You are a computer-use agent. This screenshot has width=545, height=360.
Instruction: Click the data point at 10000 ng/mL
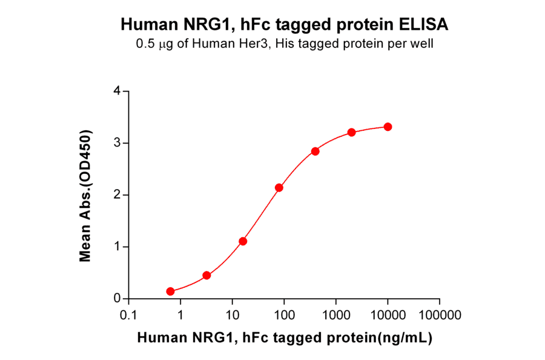coord(388,127)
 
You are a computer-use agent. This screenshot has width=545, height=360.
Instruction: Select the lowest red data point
coord(170,292)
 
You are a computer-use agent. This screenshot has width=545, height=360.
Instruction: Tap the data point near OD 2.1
coord(279,188)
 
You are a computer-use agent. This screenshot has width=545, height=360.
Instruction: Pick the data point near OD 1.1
coord(243,241)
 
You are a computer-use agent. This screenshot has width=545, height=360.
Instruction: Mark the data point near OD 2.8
coord(315,151)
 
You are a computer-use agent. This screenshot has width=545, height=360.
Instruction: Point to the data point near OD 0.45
coord(206,275)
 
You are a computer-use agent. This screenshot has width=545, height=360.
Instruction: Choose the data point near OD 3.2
coord(351,132)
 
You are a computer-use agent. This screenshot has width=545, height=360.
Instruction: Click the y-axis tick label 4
coord(117,92)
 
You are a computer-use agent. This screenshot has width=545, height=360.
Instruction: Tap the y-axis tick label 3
coord(117,143)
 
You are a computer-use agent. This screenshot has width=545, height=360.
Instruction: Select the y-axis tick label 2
coord(117,195)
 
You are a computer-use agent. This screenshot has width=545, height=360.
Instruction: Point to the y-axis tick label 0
coord(117,299)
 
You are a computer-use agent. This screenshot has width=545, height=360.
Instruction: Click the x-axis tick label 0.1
coord(128,316)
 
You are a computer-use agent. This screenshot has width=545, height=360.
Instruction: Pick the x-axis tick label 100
coord(283,316)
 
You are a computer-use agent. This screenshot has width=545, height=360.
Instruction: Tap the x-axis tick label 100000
coord(440,316)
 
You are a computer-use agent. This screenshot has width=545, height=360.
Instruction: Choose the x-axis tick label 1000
coord(335,316)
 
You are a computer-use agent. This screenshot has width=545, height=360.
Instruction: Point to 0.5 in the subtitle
coord(145,44)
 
